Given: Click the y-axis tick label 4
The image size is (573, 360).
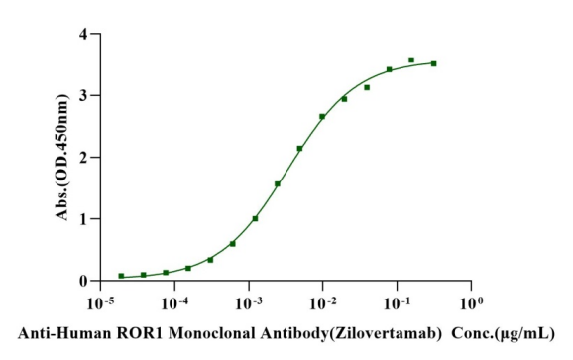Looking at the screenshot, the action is [x=83, y=34].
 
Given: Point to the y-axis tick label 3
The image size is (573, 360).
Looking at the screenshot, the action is [x=83, y=96].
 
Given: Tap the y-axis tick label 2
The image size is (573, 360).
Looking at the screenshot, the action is [x=83, y=158].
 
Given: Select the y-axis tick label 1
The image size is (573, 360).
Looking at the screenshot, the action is [x=83, y=219].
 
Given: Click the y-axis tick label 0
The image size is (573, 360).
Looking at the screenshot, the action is [x=83, y=281].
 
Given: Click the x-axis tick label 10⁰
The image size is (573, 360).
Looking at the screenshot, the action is [x=472, y=303].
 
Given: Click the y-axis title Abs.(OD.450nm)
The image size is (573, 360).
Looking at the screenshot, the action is [x=61, y=157].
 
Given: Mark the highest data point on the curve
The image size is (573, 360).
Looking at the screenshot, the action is [x=411, y=60].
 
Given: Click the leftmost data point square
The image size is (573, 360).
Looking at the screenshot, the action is [x=121, y=276].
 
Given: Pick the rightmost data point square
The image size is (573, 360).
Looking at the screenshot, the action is [x=434, y=63].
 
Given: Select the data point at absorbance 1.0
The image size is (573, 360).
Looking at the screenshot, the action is [x=255, y=218].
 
